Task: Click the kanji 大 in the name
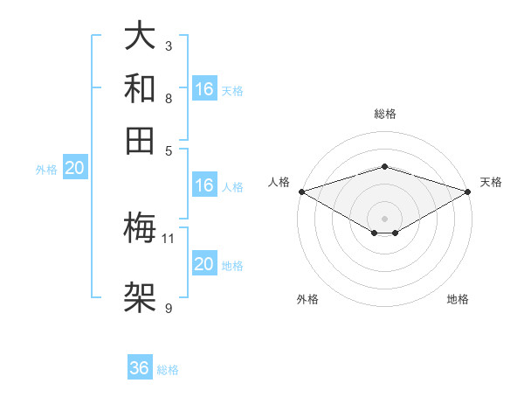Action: pyautogui.click(x=141, y=38)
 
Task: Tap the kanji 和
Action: pyautogui.click(x=141, y=87)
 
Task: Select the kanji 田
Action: pyautogui.click(x=141, y=138)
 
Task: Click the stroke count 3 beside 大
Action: pyautogui.click(x=169, y=45)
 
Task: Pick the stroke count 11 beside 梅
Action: pyautogui.click(x=169, y=238)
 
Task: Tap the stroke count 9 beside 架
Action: pyautogui.click(x=169, y=307)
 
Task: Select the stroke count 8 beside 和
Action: pyautogui.click(x=169, y=98)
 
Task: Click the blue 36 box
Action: pyautogui.click(x=140, y=368)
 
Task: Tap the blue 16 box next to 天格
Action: pyautogui.click(x=204, y=89)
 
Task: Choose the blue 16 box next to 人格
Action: pyautogui.click(x=204, y=185)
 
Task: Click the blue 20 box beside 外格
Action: pyautogui.click(x=74, y=169)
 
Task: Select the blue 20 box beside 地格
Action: pyautogui.click(x=204, y=264)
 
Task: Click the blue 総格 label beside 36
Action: pyautogui.click(x=168, y=370)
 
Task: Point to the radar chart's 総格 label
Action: pyautogui.click(x=384, y=114)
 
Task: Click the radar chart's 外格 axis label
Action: pyautogui.click(x=307, y=299)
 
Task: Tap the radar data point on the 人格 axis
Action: pyautogui.click(x=301, y=192)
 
